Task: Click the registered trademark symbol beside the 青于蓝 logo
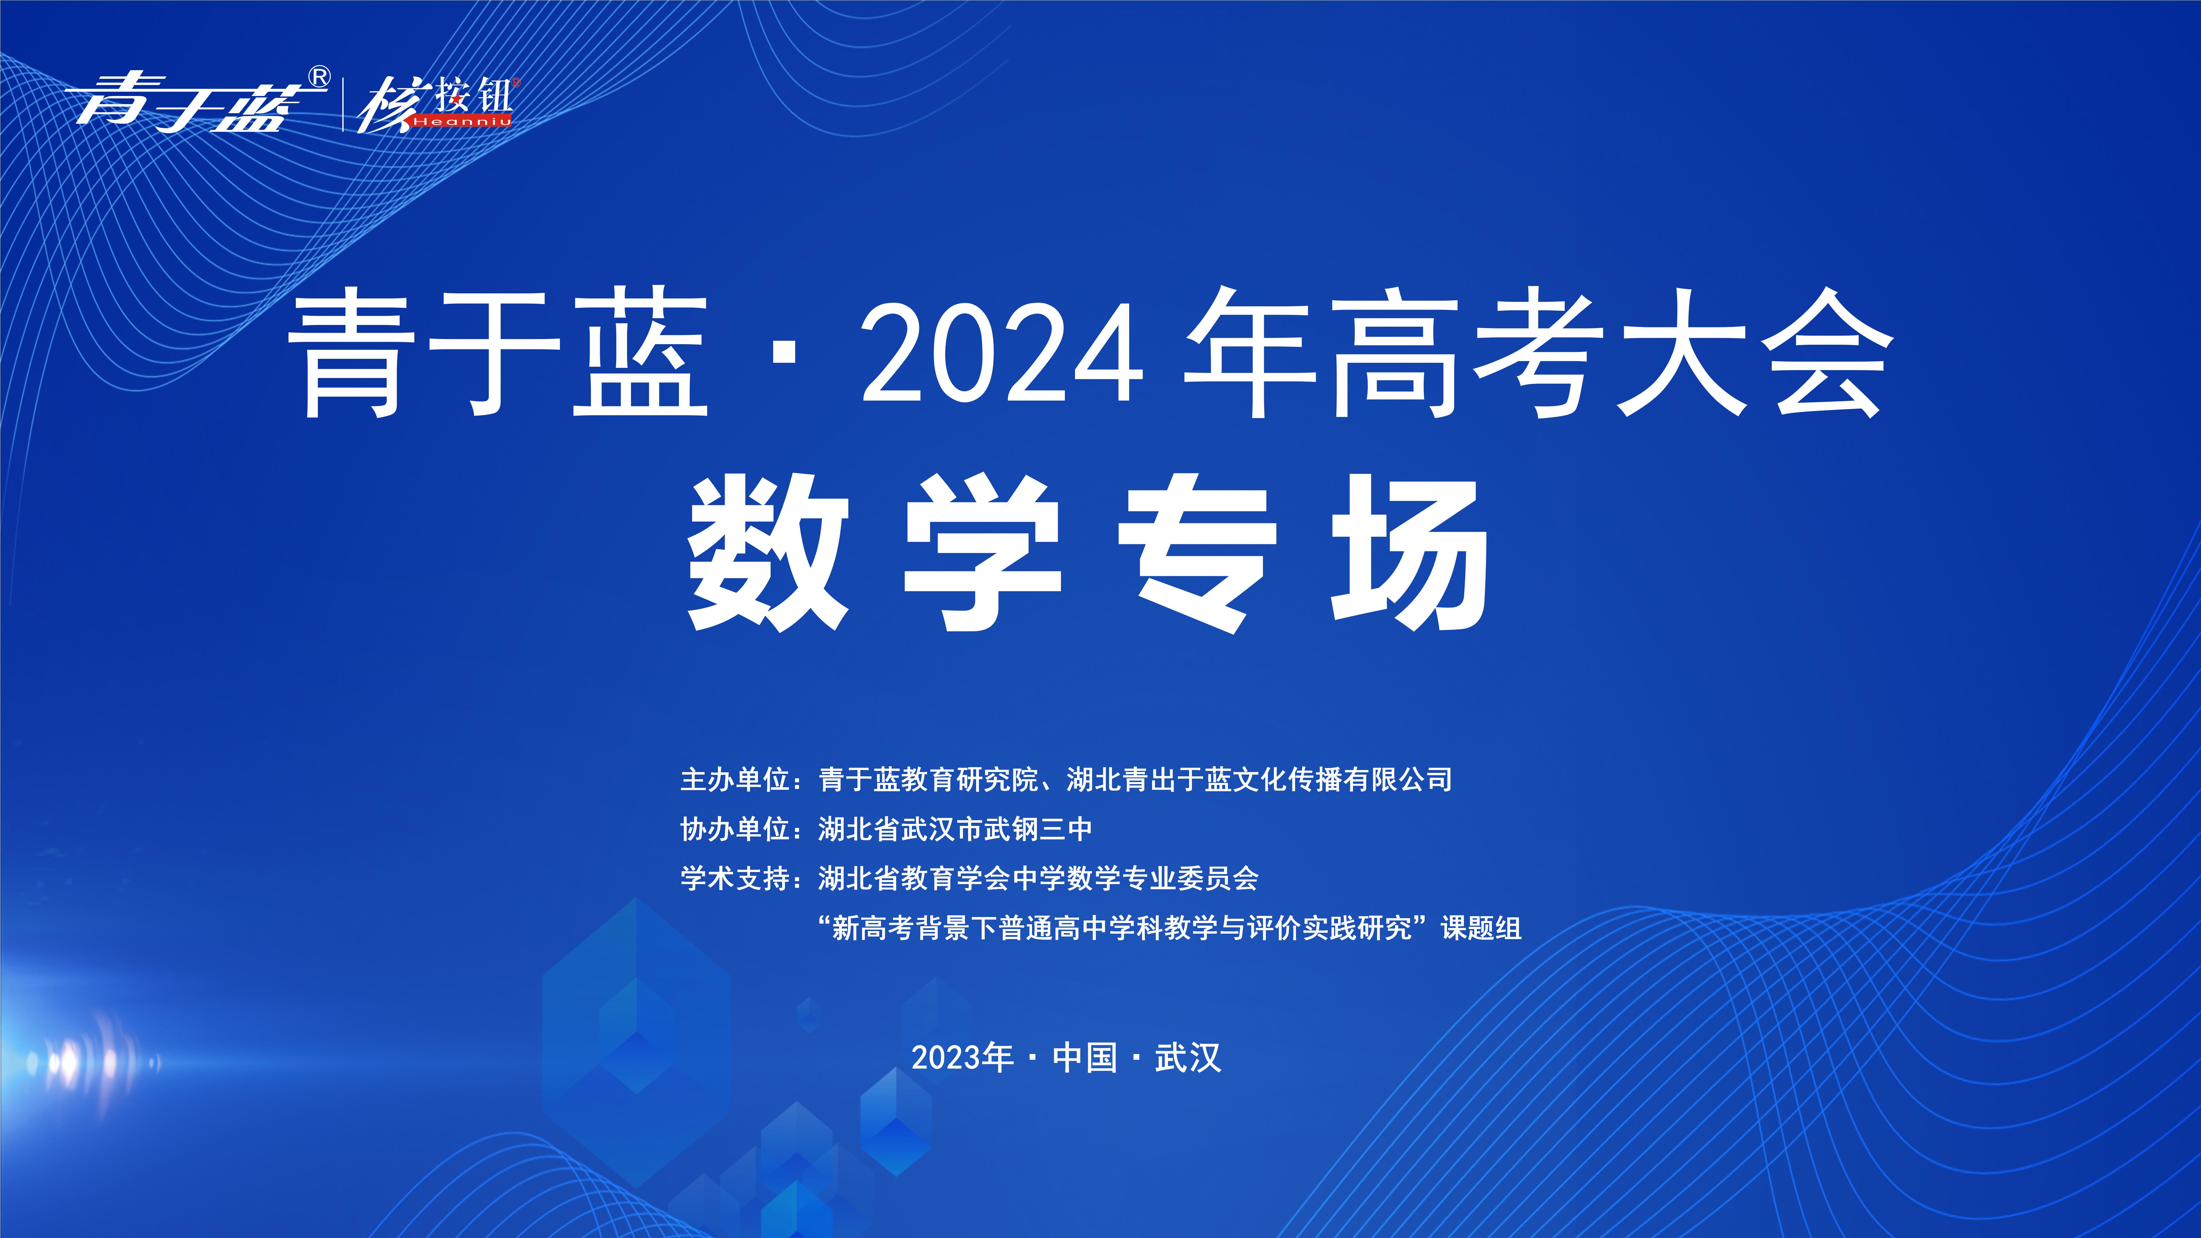click(318, 78)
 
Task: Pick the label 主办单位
click(735, 779)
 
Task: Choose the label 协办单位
click(735, 829)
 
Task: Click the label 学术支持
click(735, 878)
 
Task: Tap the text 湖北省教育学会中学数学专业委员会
click(1038, 878)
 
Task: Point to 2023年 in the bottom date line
click(962, 1058)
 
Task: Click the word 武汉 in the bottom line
click(1188, 1058)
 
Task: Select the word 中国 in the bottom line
click(1085, 1058)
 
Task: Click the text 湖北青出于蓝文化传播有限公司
click(1260, 779)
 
